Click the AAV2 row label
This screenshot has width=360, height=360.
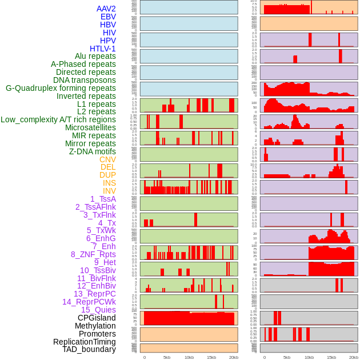pyautogui.click(x=106, y=9)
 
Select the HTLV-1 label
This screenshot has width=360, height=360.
pyautogui.click(x=102, y=49)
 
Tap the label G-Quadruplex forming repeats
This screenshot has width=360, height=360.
pyautogui.click(x=61, y=88)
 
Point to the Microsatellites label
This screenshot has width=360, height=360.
pyautogui.click(x=90, y=127)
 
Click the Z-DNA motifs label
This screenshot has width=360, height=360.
pyautogui.click(x=92, y=151)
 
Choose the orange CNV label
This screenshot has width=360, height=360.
pyautogui.click(x=107, y=159)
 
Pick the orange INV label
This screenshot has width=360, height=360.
pyautogui.click(x=109, y=191)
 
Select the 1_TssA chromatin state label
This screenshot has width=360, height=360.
pyautogui.click(x=103, y=199)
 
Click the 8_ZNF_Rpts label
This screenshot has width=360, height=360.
pyautogui.click(x=93, y=254)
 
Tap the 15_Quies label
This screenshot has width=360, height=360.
pyautogui.click(x=98, y=310)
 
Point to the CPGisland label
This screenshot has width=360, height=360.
pyautogui.click(x=97, y=318)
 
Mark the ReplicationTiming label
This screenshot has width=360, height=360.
pyautogui.click(x=84, y=342)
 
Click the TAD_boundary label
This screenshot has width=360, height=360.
pyautogui.click(x=89, y=349)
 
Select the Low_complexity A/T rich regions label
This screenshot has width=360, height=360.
pyautogui.click(x=58, y=119)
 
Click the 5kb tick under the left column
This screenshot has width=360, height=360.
pyautogui.click(x=167, y=357)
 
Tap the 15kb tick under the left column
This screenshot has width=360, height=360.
pyautogui.click(x=211, y=357)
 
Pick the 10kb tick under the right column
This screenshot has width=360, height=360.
pyautogui.click(x=309, y=357)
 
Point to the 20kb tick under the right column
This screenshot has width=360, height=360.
pyautogui.click(x=354, y=357)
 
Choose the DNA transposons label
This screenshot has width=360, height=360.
pyautogui.click(x=85, y=80)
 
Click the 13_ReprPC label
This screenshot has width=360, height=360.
pyautogui.click(x=94, y=294)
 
